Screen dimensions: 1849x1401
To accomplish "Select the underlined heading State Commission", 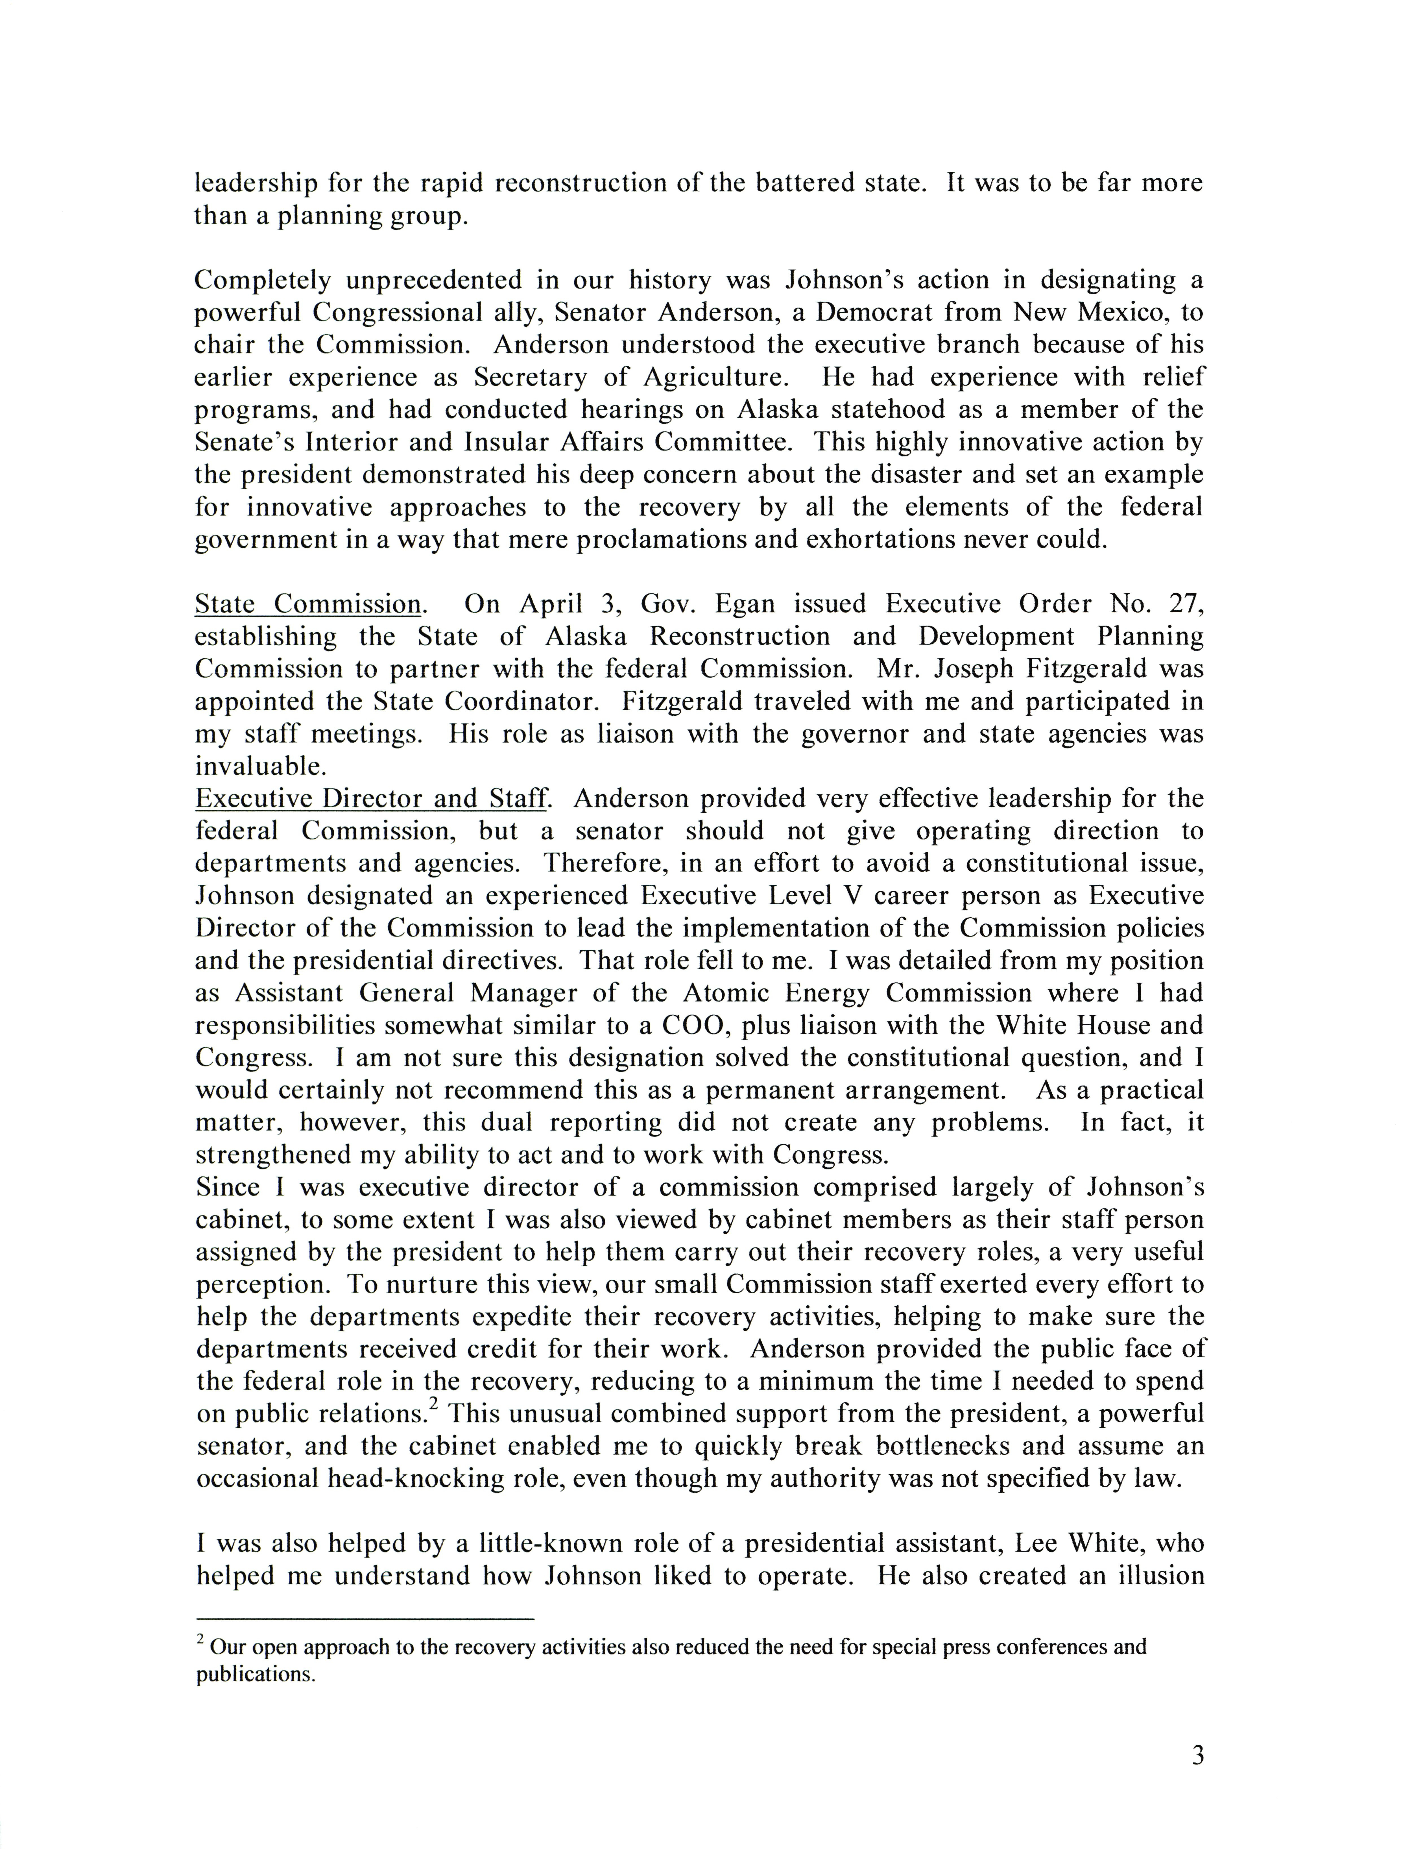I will (x=308, y=604).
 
